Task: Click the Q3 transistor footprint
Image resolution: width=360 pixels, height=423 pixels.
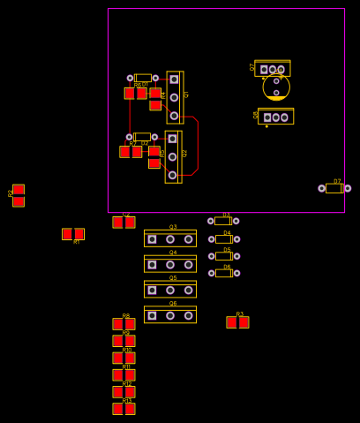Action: point(170,238)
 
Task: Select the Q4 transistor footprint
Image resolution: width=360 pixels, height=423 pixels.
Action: point(170,264)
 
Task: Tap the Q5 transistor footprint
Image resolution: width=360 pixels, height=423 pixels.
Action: point(170,290)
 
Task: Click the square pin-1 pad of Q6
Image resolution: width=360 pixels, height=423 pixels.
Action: point(152,315)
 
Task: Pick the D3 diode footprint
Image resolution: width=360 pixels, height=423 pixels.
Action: point(223,221)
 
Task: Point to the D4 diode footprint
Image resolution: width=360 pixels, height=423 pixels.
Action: point(223,238)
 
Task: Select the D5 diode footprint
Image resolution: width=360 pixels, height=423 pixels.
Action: point(223,256)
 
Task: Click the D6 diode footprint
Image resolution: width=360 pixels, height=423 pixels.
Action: point(223,273)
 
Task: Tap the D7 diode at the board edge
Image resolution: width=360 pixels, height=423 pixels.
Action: point(334,188)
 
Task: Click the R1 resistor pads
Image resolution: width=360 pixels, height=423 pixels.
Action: point(73,234)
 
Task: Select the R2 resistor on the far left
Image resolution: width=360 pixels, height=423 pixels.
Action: point(19,195)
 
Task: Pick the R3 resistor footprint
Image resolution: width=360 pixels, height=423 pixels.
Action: point(237,322)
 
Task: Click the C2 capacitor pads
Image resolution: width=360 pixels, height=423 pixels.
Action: point(124,223)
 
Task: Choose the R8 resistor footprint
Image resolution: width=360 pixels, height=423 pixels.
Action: point(124,324)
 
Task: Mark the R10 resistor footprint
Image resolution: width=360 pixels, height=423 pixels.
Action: point(124,358)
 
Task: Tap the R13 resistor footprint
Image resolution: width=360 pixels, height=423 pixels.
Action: point(124,409)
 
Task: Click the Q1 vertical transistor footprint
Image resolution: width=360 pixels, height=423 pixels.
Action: point(175,97)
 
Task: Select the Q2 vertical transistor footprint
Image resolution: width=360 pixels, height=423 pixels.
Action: point(173,156)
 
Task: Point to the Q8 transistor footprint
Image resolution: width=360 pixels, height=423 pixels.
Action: point(275,117)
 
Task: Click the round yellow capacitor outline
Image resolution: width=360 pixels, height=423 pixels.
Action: point(276,87)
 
